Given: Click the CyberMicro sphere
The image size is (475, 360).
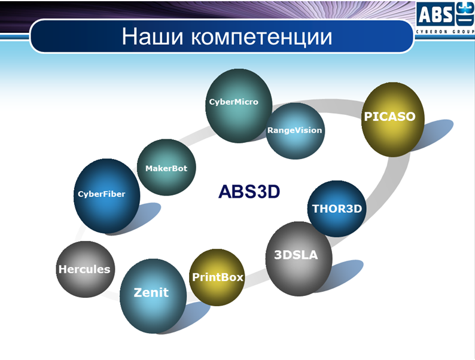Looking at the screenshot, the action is [x=239, y=106].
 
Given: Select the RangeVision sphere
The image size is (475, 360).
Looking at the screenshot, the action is [x=296, y=131].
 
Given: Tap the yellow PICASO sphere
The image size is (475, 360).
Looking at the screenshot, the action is [x=393, y=119].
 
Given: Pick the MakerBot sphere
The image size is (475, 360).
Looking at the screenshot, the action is [x=166, y=167].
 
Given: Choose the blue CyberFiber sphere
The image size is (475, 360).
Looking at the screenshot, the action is [x=106, y=196].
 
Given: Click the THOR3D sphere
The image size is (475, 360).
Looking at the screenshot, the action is [x=337, y=209].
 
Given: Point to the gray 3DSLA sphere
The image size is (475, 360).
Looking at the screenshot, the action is [x=299, y=259].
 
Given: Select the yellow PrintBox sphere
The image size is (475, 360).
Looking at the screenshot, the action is [x=217, y=277].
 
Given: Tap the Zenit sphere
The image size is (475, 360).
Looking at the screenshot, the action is [x=153, y=296].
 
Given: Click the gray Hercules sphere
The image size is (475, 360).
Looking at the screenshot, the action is [x=86, y=269].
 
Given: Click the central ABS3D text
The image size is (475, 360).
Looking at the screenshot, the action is [x=249, y=191].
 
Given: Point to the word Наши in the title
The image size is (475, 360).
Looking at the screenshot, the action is [x=153, y=36].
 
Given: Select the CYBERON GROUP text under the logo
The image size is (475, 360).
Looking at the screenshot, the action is [x=444, y=32].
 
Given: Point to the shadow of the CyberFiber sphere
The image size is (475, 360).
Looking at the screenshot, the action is [x=145, y=216].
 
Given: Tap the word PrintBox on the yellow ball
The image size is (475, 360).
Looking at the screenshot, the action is [x=218, y=277].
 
